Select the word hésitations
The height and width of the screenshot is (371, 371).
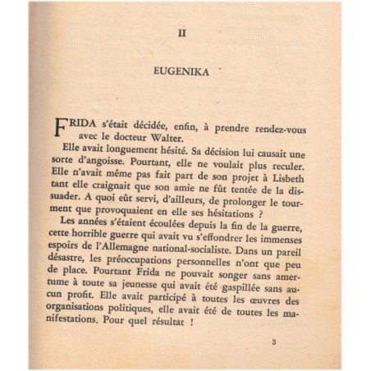(x=247, y=220)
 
